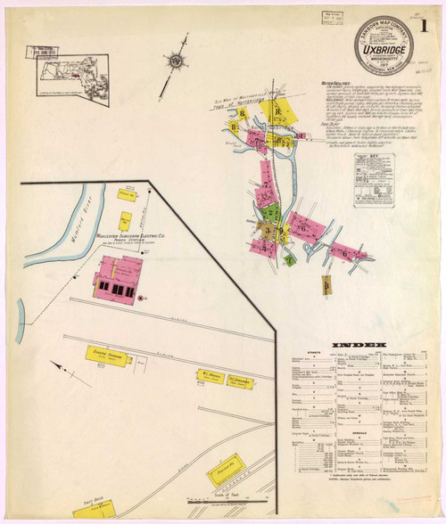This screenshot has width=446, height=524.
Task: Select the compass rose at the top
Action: pos(177,61)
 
